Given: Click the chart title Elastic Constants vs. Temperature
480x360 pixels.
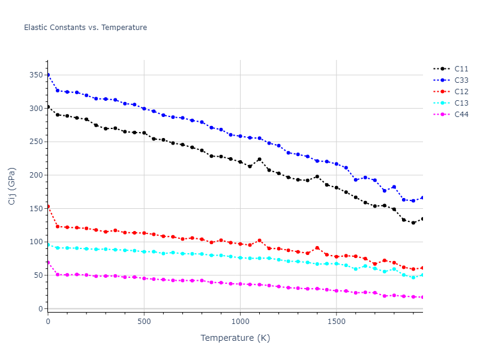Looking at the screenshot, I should [x=85, y=28].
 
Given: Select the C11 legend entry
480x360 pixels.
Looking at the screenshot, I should [x=461, y=69].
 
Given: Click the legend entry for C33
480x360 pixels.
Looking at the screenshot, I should [x=461, y=80].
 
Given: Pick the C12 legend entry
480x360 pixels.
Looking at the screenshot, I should [x=461, y=92].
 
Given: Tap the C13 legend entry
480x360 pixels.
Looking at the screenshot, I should [x=461, y=103].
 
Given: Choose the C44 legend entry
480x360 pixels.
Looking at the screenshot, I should [x=461, y=115].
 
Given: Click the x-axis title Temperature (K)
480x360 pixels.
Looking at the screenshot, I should [x=235, y=338].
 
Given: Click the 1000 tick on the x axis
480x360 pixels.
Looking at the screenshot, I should [x=240, y=321].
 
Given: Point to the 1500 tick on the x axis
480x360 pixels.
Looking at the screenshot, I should [x=336, y=321].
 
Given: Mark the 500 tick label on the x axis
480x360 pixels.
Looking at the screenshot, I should [x=144, y=321].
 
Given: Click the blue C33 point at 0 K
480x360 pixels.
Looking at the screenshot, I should [x=48, y=75].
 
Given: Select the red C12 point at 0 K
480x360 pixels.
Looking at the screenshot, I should [x=48, y=206].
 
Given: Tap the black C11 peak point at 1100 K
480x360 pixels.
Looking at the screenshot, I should [x=259, y=159].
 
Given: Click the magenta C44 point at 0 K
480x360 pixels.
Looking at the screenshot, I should [x=48, y=262].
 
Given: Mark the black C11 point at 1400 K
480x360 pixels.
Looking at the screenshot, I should [x=317, y=176].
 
